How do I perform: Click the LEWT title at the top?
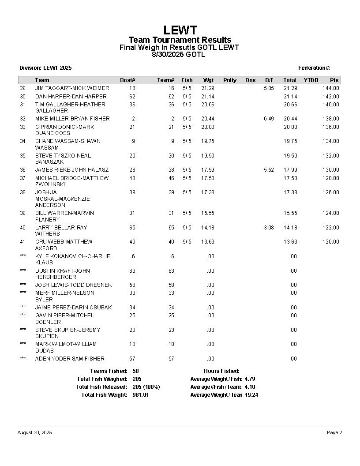(180, 30)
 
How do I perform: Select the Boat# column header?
(127, 80)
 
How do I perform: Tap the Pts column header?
(334, 80)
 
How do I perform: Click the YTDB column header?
(311, 80)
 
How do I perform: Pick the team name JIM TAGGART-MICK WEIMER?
(72, 88)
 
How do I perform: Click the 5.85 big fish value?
(269, 88)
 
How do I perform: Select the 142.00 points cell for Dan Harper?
(330, 97)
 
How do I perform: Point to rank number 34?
(23, 141)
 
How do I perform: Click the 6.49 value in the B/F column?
(269, 119)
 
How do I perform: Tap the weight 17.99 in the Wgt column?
(208, 170)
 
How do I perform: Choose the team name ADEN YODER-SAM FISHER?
(70, 359)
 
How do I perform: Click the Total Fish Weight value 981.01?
(141, 395)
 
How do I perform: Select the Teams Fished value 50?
(135, 371)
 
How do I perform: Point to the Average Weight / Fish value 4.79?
(250, 379)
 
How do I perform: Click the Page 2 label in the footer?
(334, 433)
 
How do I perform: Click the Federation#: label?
(314, 68)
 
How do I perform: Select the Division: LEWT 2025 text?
(45, 68)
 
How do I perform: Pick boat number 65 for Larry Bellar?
(132, 228)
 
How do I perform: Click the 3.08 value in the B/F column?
(269, 228)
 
